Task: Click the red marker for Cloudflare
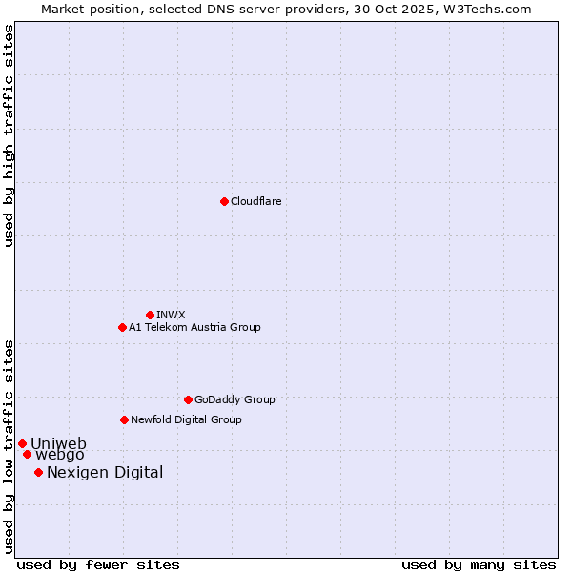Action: pos(224,201)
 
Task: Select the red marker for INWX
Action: pos(150,315)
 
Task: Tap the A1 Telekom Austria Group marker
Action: pos(122,327)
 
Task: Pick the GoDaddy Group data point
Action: pos(188,399)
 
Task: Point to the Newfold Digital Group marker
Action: pos(124,419)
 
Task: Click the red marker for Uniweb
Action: pos(22,443)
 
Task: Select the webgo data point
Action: pos(27,454)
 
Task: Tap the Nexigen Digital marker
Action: pos(38,472)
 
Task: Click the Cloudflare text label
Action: pos(256,201)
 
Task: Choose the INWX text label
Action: pos(171,315)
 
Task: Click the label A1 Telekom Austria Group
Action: pos(194,327)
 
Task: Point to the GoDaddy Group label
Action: pos(235,399)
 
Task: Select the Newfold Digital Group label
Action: pos(186,419)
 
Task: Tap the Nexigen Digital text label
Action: pos(105,472)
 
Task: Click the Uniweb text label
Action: pos(58,443)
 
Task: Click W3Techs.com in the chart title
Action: pos(484,9)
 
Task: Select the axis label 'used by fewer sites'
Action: pos(98,564)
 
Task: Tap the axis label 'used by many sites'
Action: pos(479,564)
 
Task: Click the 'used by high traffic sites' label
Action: pos(9,135)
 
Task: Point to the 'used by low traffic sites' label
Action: pos(9,445)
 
